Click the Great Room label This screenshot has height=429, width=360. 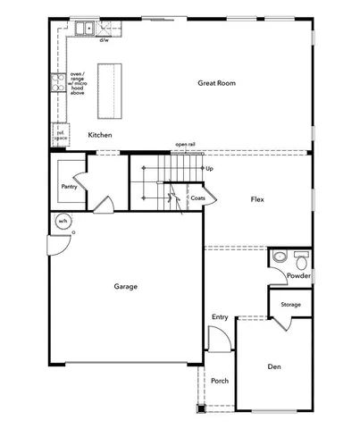pos(217,83)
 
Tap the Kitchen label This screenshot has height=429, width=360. pos(100,134)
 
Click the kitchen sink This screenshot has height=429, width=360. pos(86,30)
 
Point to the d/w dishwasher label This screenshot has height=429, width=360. pos(104,40)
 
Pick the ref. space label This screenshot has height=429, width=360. pos(60,136)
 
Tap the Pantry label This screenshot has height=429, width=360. pos(69,187)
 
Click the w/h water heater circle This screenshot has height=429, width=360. pos(63,221)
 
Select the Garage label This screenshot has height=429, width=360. pos(125,287)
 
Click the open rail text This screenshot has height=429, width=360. pos(185,144)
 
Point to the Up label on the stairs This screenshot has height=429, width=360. pos(209,168)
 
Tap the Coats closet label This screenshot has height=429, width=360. pos(197,198)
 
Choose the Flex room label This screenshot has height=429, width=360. pos(257,199)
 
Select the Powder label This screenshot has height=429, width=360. pos(298,276)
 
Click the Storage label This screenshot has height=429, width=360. pos(290,305)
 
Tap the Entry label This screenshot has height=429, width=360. pos(220,317)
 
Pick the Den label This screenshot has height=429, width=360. pos(275,366)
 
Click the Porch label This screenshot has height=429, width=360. pos(220,381)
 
